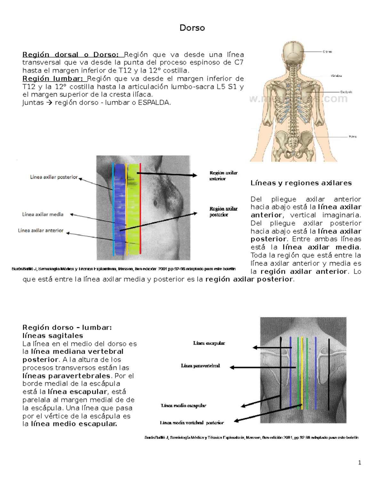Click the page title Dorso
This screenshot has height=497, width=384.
pos(192,28)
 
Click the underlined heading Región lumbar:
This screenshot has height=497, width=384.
pos(52,79)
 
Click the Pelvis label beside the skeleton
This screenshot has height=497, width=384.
pos(352,137)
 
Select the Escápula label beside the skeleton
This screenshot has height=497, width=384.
pos(346,92)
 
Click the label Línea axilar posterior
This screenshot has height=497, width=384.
pos(54,177)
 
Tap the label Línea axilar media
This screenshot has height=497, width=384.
pos(43,214)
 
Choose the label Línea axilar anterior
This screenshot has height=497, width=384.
pos(41,230)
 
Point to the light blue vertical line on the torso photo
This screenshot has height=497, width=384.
pos(113,208)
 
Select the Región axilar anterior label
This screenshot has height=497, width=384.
pos(223,176)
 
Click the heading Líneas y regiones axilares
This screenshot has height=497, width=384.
pos(301,183)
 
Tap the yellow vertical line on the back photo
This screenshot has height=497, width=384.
pos(302,371)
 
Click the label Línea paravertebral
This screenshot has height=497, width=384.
pos(200,366)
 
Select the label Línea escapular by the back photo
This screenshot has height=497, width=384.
pos(209,343)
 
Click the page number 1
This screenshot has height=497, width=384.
pos(360,462)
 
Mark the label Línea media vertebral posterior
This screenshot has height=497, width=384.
pos(192,423)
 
